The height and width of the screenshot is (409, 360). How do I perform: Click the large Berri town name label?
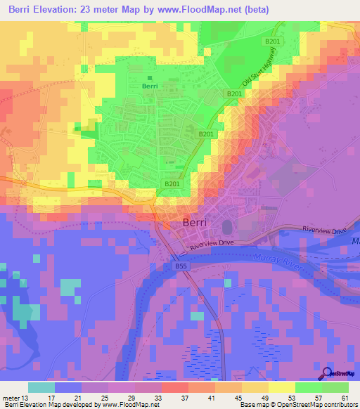point(195,222)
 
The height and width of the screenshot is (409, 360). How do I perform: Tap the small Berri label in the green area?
point(150,86)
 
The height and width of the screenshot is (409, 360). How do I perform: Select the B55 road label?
point(181,266)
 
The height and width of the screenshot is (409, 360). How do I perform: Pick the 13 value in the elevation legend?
point(26,398)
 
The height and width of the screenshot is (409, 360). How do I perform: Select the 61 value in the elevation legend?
point(345,398)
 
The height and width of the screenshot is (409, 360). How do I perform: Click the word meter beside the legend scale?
point(10,398)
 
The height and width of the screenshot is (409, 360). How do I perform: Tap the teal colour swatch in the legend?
point(41,387)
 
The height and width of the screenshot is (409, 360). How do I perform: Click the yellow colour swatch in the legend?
point(282,387)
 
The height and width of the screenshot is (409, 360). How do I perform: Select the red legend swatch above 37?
point(175,387)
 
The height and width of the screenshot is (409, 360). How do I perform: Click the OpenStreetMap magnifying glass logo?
point(328,373)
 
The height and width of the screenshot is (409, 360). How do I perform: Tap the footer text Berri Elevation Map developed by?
point(49,405)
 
